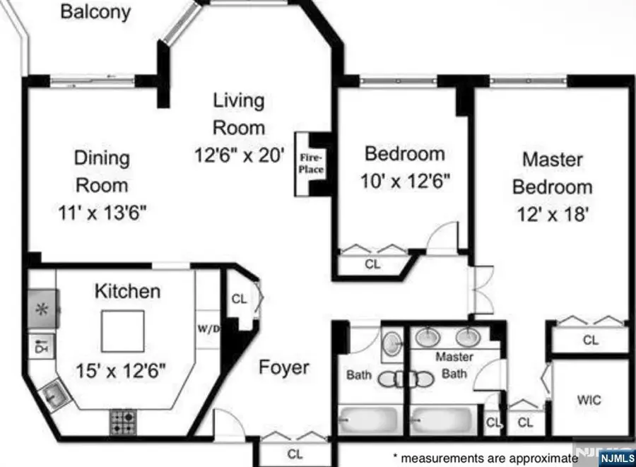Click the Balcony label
pos(95,12)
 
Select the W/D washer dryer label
pos(208,329)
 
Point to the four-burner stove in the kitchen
pos(123,422)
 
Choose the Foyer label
pos(283,367)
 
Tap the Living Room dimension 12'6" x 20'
pos(239,155)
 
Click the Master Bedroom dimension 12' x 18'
pos(552,214)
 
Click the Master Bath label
pos(454,365)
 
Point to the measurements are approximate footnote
pos(481,458)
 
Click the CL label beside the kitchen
pos(240,299)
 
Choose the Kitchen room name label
pos(128,290)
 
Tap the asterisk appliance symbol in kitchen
pos(42,309)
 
